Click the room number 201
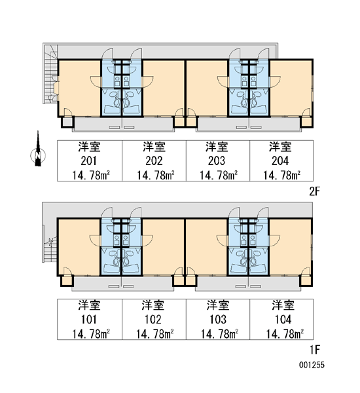point(88,161)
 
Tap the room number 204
point(280,161)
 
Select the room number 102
point(153,320)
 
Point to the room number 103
point(218,320)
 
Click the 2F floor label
point(315,192)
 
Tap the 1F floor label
point(315,350)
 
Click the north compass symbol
point(38,151)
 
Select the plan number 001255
point(312,365)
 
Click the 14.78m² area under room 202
point(156,176)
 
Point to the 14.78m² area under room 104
point(285,334)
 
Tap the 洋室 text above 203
point(217,147)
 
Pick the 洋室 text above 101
point(89,305)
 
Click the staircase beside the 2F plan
point(50,75)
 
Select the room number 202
point(154,161)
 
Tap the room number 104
point(283,320)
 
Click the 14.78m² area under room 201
point(91,176)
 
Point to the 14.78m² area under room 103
point(219,334)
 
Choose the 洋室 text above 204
point(280,147)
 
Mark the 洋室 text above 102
point(153,305)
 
